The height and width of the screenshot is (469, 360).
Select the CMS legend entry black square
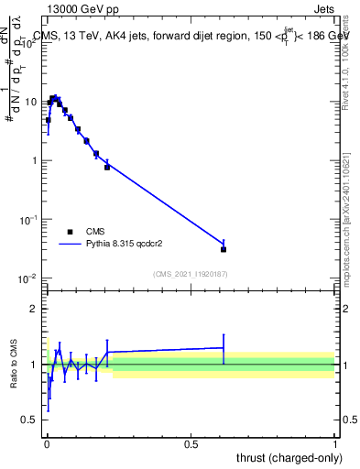pos(70,232)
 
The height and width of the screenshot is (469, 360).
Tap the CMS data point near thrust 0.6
pos(224,249)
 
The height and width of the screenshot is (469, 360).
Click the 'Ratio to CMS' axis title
pos(14,365)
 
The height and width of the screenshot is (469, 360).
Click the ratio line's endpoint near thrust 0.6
pos(224,348)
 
